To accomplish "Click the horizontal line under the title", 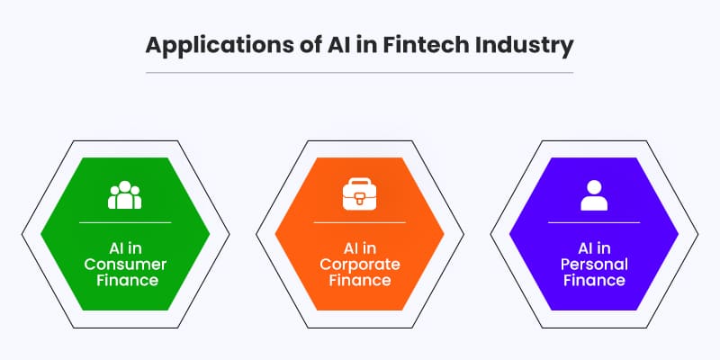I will point(360,72).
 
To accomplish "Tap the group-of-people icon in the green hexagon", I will point(124,194).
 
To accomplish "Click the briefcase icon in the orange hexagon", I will point(360,194).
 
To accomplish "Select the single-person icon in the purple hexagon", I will point(594,194).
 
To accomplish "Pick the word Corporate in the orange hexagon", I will point(360,263).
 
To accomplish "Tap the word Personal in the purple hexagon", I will point(594,263).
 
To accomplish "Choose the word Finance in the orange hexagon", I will point(360,281).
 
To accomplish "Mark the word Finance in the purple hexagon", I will point(594,281).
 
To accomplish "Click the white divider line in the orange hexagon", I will point(360,221).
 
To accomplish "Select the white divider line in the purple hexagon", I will point(594,221).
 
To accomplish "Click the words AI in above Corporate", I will point(360,245).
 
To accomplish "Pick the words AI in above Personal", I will point(594,245).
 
